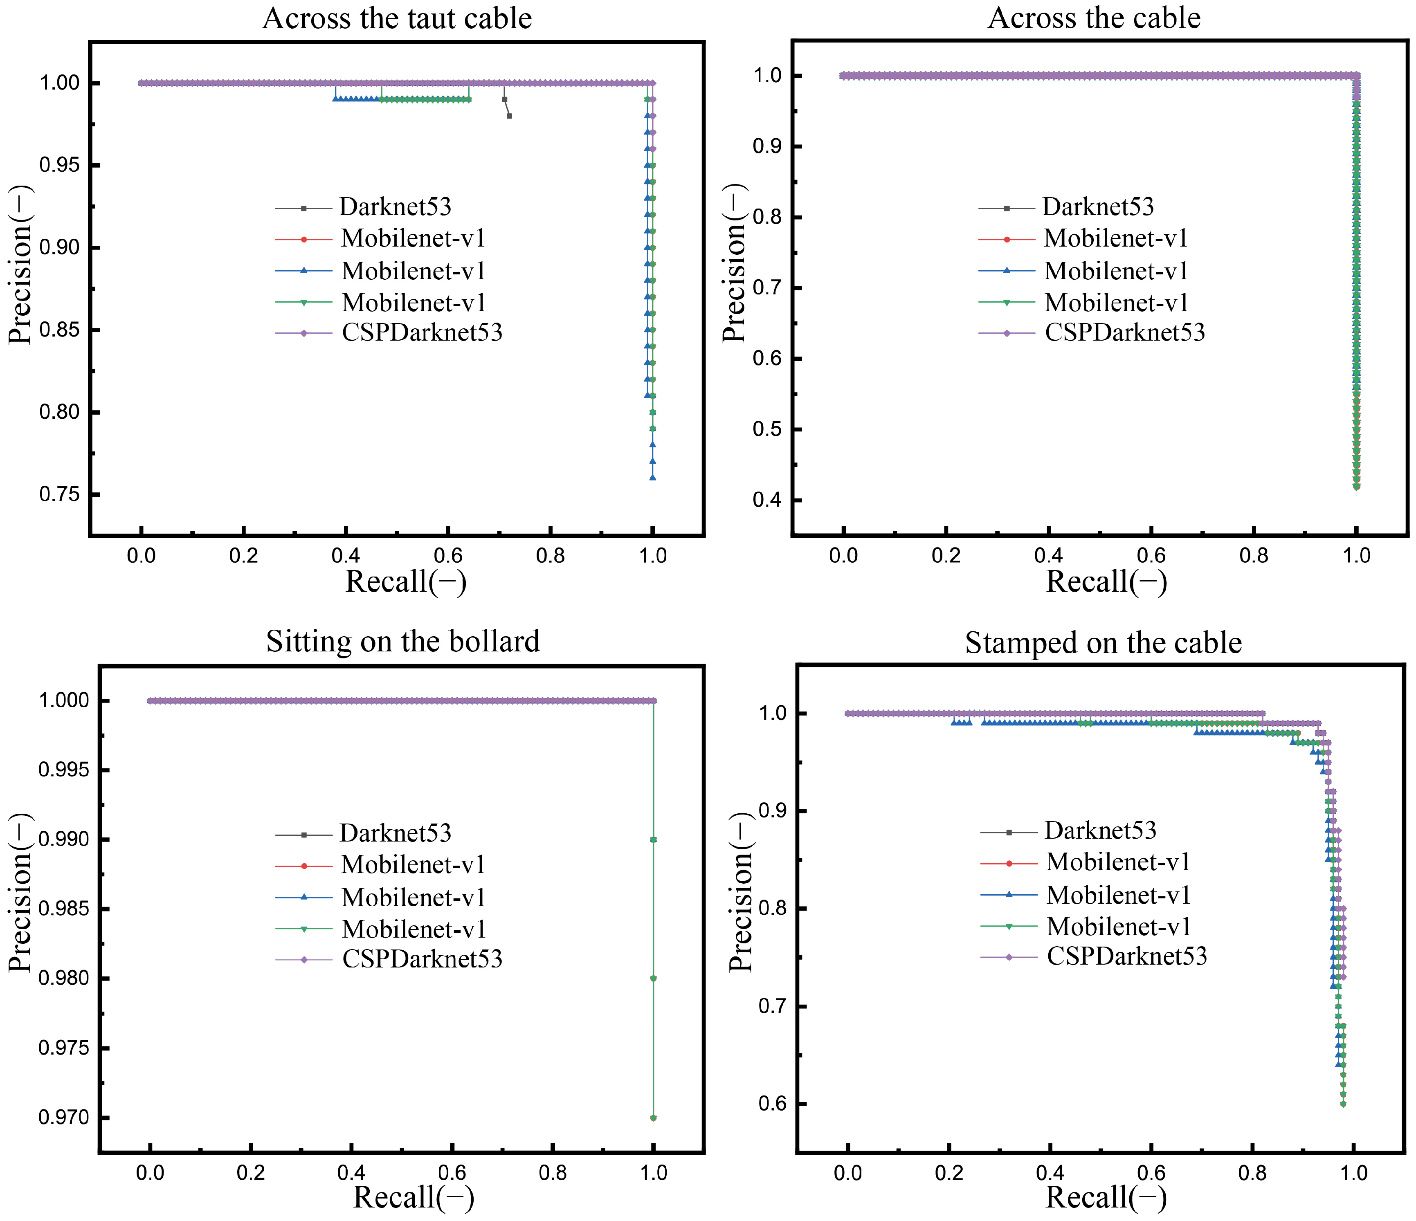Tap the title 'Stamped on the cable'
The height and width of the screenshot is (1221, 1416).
[x=1103, y=643]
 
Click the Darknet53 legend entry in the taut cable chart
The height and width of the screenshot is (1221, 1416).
[x=395, y=207]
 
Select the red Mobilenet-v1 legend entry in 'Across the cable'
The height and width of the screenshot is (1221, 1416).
[x=1115, y=238]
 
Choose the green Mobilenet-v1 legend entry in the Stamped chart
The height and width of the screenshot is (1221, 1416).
[x=1118, y=927]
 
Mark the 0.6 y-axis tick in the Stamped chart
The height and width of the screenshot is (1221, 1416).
[x=773, y=1104]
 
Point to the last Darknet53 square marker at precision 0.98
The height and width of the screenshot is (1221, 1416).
[x=509, y=116]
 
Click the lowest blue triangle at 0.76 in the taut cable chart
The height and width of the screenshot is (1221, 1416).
[x=653, y=478]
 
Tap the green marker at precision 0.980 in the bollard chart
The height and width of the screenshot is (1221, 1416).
[x=653, y=979]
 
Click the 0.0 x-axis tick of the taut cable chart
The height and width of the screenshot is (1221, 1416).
[x=142, y=555]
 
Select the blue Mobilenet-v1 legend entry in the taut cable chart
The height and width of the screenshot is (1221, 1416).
[x=413, y=271]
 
